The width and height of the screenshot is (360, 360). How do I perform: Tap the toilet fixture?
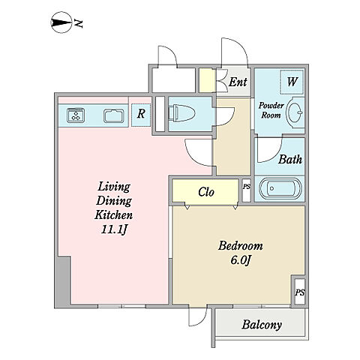tap(182, 113)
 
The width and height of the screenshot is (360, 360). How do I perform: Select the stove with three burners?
tap(76, 115)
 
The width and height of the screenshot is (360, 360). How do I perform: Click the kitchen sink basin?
tap(114, 116)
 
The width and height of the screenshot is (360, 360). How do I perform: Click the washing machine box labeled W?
tap(292, 82)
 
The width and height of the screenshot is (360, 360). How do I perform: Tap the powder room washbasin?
tap(295, 112)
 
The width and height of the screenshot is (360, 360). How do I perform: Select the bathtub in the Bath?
tap(280, 188)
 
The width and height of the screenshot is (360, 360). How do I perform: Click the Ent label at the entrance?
tap(238, 82)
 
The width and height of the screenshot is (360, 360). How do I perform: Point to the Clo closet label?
tap(206, 192)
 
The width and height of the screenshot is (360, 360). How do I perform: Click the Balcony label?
tap(262, 325)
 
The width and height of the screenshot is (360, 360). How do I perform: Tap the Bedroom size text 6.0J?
tap(241, 260)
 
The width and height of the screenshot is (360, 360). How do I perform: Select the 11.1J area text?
tap(114, 229)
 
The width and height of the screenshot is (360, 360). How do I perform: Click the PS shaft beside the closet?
tap(247, 190)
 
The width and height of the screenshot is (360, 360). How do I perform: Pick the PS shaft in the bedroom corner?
tap(299, 292)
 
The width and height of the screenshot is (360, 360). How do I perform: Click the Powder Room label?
tap(271, 110)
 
